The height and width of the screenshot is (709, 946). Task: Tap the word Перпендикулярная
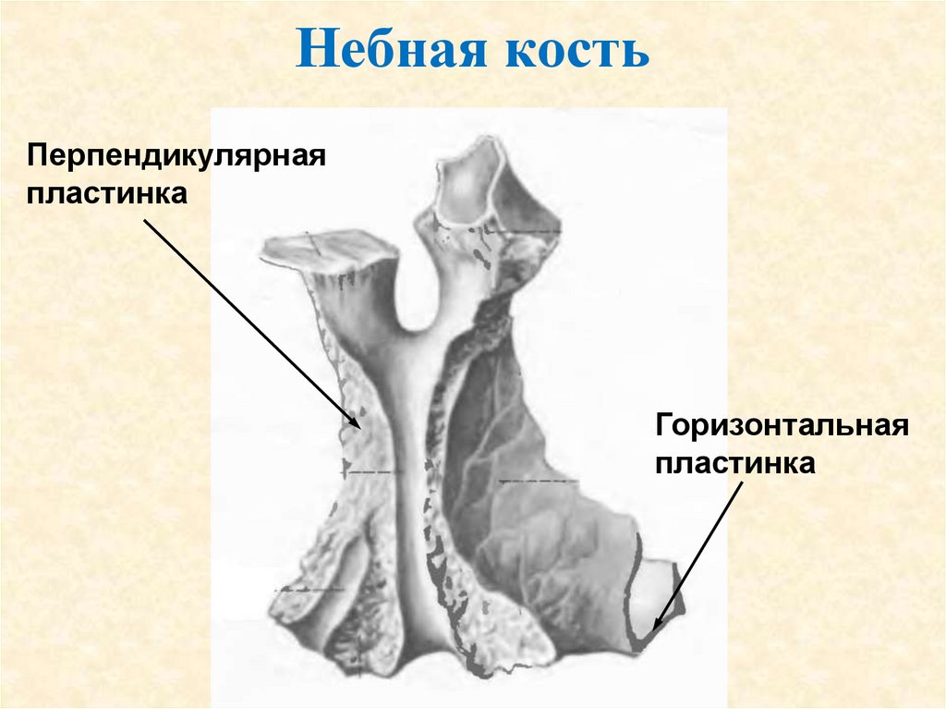(x=176, y=153)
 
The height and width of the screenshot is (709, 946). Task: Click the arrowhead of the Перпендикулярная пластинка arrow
(x=357, y=426)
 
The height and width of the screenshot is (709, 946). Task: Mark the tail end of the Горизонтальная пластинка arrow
(x=741, y=482)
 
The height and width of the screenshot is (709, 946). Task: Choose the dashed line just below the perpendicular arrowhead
(x=374, y=473)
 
